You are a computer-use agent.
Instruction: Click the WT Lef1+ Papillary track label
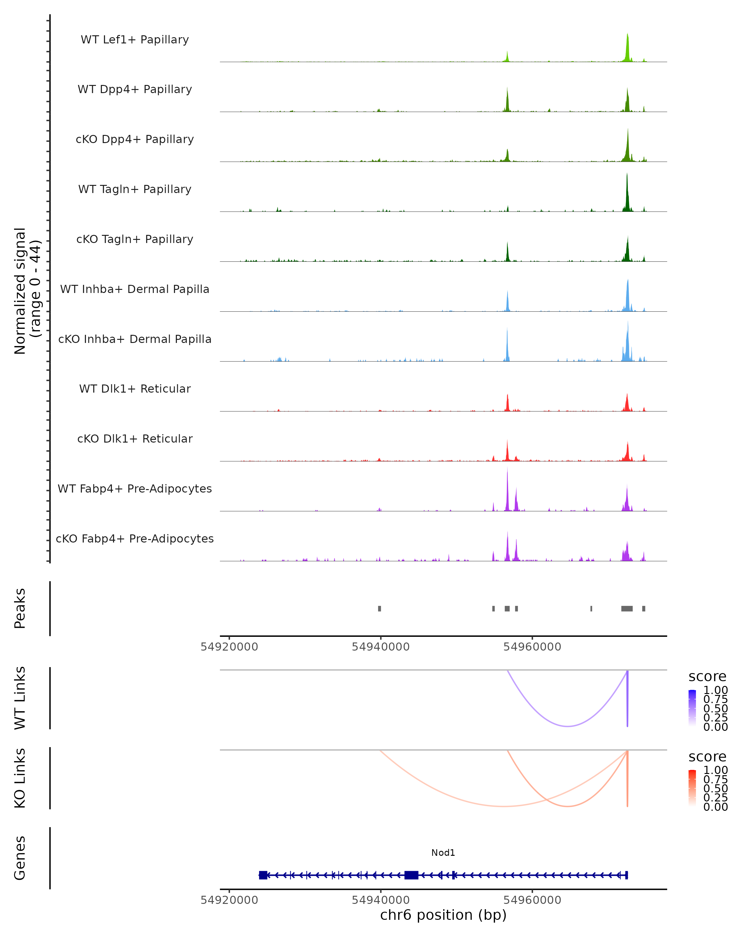pos(135,40)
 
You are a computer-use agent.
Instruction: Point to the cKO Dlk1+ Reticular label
pos(135,439)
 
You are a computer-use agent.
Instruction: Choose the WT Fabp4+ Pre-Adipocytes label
pos(135,488)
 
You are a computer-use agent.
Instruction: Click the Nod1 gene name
pos(443,853)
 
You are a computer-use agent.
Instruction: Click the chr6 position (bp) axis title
pos(443,915)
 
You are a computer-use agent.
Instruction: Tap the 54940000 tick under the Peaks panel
pos(380,647)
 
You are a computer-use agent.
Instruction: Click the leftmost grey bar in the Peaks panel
pos(380,608)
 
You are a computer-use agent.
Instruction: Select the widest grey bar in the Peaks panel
pos(627,608)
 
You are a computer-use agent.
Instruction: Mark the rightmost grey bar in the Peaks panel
pos(644,608)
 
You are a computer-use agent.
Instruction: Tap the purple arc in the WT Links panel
pos(567,726)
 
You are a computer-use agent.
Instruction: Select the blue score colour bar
pos(692,708)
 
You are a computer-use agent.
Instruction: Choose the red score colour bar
pos(692,788)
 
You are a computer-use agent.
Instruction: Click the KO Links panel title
pos(20,778)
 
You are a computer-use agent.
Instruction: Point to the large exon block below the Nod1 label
pos(411,875)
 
